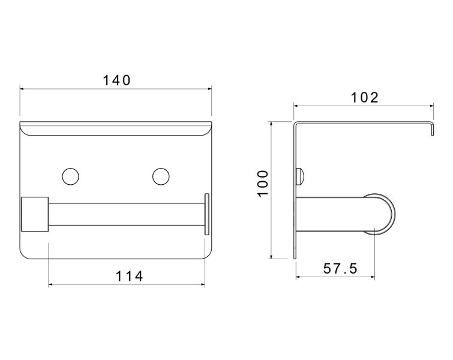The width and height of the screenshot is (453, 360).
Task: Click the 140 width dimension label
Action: pyautogui.click(x=117, y=80)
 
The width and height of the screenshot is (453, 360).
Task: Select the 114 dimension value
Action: pyautogui.click(x=129, y=276)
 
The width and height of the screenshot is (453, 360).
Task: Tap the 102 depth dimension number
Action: pyautogui.click(x=364, y=98)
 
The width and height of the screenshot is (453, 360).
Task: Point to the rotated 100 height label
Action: pyautogui.click(x=263, y=184)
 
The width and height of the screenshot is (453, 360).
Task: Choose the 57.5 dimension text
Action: pyautogui.click(x=340, y=268)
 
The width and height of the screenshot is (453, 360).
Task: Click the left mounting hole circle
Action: pyautogui.click(x=70, y=176)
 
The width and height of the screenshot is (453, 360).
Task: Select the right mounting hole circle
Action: pyautogui.click(x=161, y=176)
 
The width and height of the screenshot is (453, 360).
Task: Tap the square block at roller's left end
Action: pyautogui.click(x=35, y=214)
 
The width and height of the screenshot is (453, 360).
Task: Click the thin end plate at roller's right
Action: pyautogui.click(x=207, y=214)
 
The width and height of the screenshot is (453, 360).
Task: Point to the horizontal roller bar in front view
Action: pyautogui.click(x=127, y=214)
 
